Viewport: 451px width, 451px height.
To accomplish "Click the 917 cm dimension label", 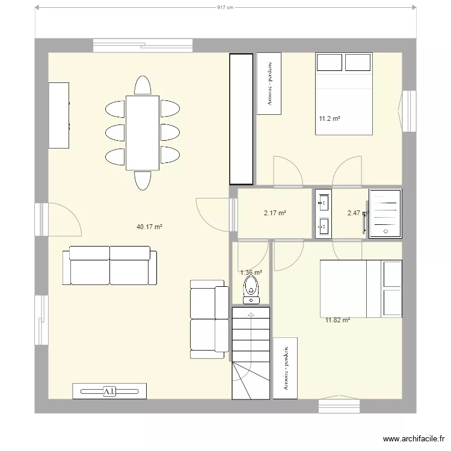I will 225,8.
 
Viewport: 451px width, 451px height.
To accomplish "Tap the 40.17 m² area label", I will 150,227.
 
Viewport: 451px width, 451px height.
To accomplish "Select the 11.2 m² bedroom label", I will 330,119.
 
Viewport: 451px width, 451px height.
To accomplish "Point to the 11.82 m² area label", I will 337,321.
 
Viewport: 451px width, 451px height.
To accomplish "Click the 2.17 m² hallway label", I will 275,213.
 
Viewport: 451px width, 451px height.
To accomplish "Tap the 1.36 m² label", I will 251,272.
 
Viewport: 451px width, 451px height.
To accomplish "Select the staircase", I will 251,352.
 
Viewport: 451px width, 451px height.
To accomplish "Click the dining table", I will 143,133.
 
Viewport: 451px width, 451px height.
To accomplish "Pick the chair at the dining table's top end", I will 143,85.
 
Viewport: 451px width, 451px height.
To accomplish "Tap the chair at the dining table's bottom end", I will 143,180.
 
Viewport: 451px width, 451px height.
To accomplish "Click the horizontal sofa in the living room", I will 110,265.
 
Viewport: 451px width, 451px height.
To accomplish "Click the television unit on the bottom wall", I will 109,391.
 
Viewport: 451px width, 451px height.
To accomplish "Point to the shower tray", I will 385,213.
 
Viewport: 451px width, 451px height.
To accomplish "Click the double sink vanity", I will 323,213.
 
